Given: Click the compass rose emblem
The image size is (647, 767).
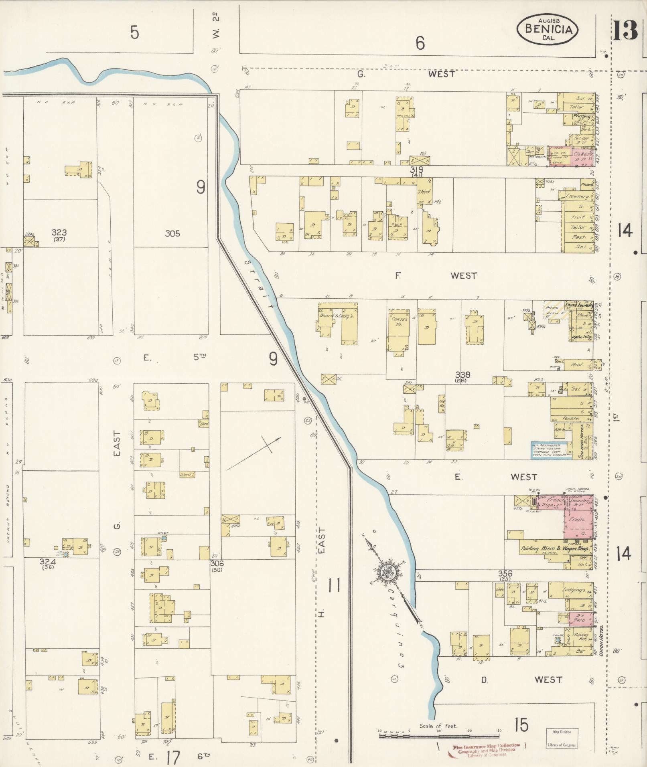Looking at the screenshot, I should (x=388, y=573).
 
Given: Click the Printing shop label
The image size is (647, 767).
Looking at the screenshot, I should (x=581, y=117).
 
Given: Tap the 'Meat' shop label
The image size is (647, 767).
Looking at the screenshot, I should (x=576, y=365).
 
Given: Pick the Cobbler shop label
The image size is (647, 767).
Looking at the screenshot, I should (x=572, y=418).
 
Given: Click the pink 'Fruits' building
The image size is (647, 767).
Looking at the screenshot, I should (x=577, y=519).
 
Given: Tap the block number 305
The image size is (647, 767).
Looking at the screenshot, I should (x=172, y=233).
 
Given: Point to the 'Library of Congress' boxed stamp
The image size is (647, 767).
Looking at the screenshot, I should (x=561, y=738).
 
